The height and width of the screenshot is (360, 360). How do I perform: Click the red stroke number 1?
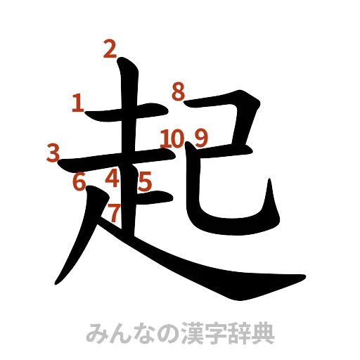[x=77, y=103]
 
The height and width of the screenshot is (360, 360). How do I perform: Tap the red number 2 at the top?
[x=109, y=49]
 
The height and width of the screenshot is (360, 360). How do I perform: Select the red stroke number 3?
[x=53, y=152]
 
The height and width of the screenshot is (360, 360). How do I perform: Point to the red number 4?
[x=112, y=179]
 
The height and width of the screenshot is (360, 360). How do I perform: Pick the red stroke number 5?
[x=145, y=182]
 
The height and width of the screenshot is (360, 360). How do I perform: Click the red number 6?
[x=79, y=181]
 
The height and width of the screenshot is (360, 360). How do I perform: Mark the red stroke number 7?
[x=115, y=211]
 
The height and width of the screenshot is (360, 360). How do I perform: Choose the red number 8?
[x=178, y=91]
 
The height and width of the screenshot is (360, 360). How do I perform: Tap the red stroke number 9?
[x=201, y=137]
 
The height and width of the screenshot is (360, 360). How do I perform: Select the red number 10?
[x=171, y=137]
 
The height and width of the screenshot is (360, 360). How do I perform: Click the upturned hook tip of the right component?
[x=269, y=181]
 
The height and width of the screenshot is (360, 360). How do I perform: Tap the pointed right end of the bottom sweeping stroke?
[x=305, y=273]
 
